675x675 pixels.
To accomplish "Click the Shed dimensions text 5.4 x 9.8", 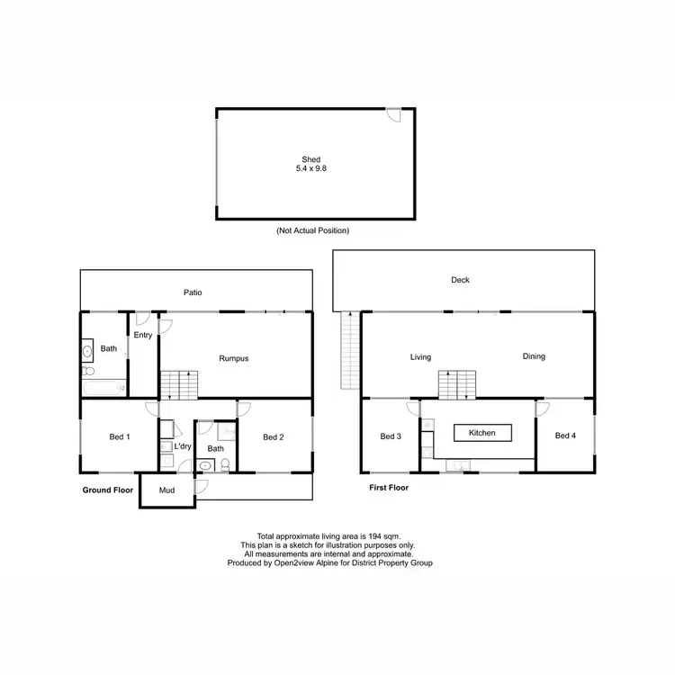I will (311, 169).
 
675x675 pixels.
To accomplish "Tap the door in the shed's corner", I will (393, 115).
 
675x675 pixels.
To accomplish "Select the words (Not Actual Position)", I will (312, 231).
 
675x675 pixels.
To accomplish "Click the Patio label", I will (193, 292).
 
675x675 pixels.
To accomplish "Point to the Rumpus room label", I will (233, 358).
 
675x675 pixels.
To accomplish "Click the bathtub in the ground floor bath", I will (103, 388).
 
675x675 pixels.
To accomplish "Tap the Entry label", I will (142, 336).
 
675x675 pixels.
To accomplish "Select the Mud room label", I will (166, 490).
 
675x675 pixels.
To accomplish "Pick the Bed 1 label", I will (120, 437).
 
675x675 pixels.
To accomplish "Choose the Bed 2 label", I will (274, 437).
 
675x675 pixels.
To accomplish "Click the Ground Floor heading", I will (108, 490).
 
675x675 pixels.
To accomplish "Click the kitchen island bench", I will (481, 433).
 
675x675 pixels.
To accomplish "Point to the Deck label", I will (460, 280).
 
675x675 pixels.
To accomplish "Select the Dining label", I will (534, 356).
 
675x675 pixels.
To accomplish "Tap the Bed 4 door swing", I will (543, 409).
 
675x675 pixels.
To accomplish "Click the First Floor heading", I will (389, 488).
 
